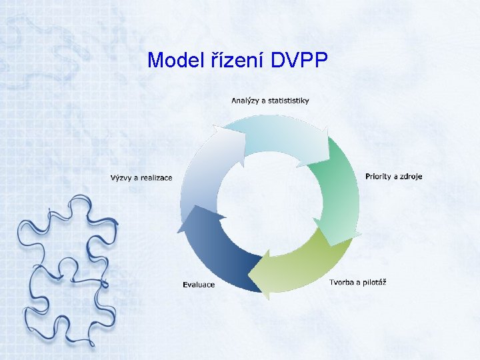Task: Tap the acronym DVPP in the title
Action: (x=300, y=61)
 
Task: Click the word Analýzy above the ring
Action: (x=246, y=101)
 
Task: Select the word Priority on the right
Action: (x=380, y=177)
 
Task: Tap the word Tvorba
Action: (x=343, y=282)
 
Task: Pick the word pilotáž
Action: (x=374, y=282)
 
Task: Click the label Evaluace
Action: (x=199, y=285)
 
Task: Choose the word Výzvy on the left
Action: (x=122, y=177)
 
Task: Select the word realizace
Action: (x=155, y=177)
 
